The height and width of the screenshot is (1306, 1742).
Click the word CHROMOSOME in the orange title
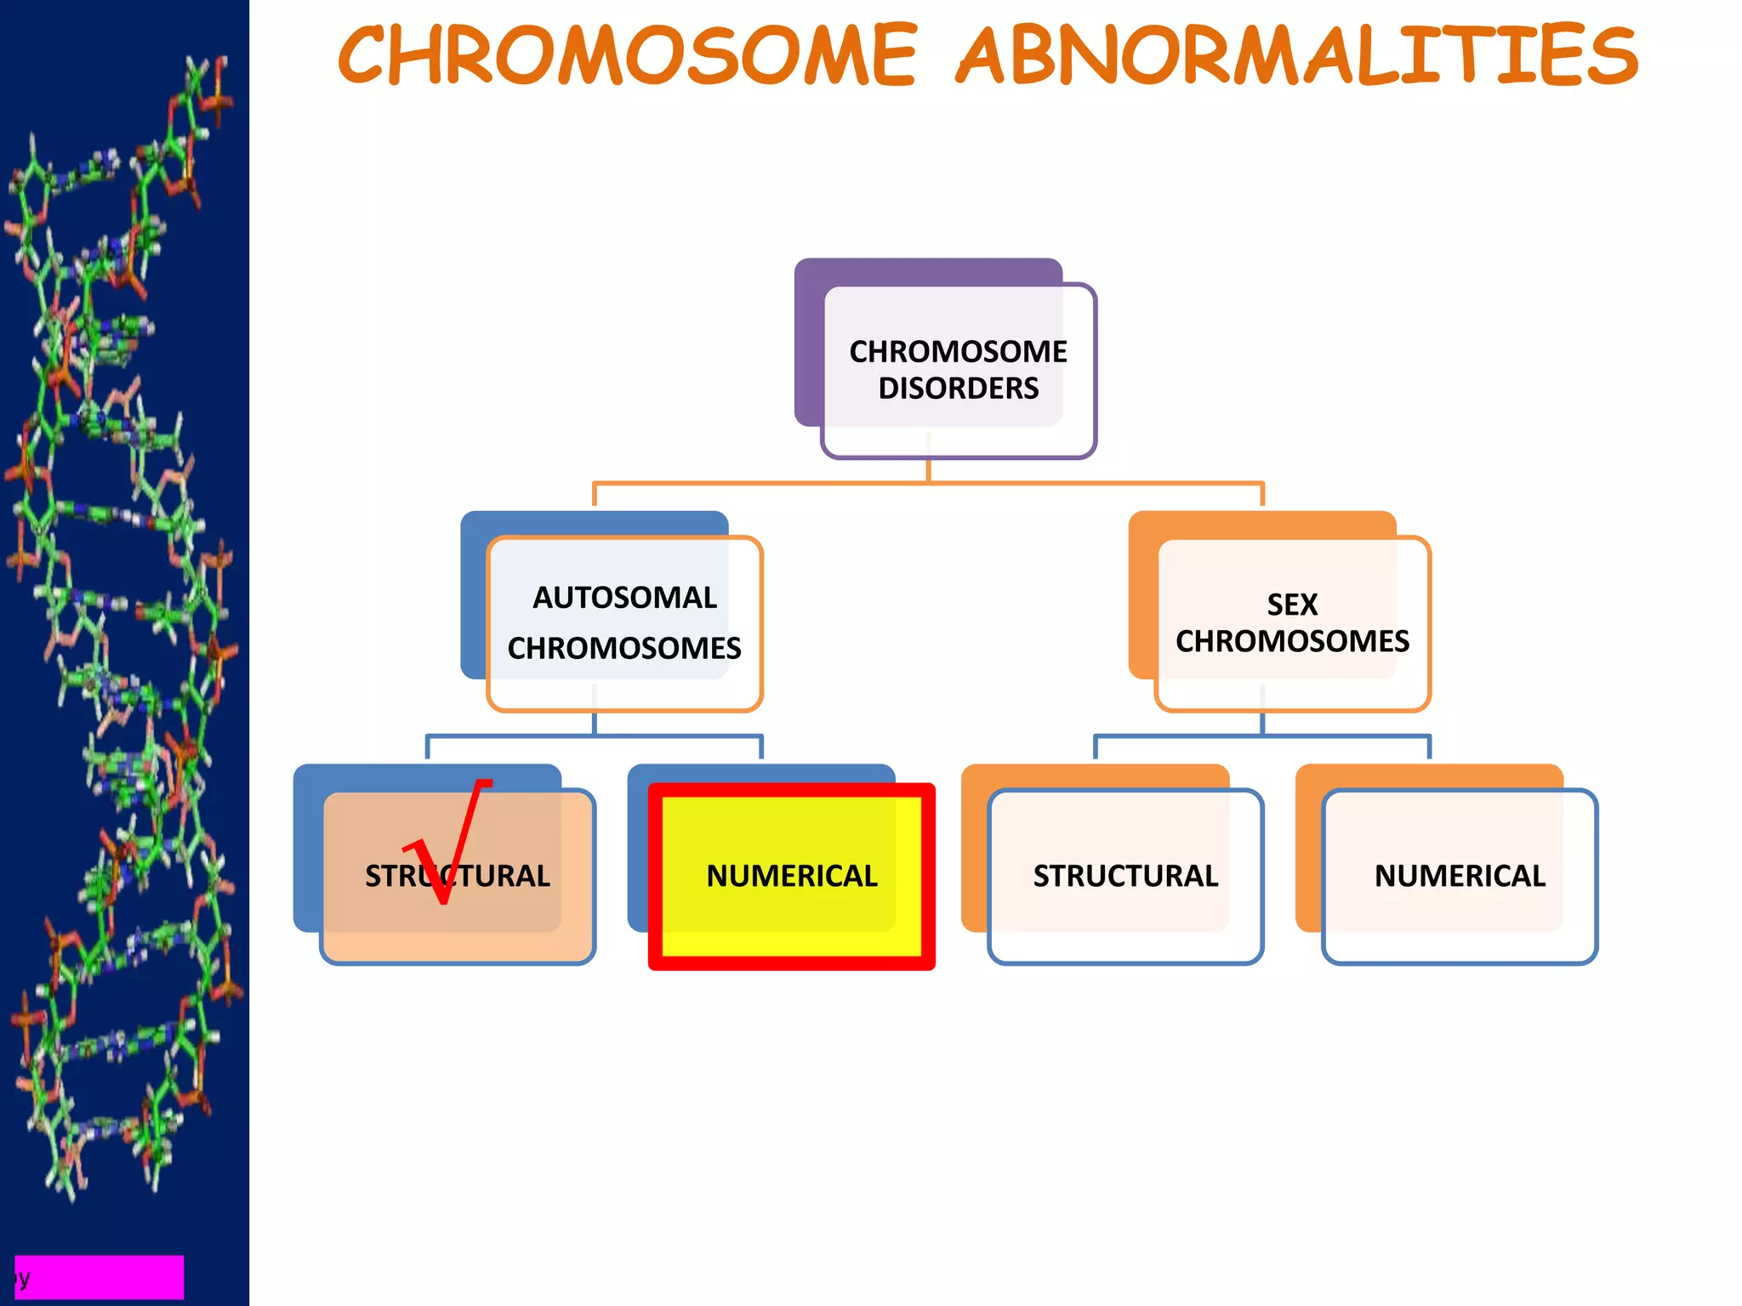point(628,56)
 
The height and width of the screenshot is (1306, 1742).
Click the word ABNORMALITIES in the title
point(1296,56)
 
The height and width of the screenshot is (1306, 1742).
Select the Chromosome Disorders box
point(958,371)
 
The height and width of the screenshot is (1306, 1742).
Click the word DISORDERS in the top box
point(958,389)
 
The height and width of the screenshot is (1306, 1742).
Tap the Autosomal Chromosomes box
point(624,623)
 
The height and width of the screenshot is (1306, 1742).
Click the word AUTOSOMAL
point(624,598)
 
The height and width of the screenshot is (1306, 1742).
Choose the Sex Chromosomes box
point(1292,623)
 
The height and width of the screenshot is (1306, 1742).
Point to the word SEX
point(1291,605)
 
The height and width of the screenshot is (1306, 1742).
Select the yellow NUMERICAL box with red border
point(791,877)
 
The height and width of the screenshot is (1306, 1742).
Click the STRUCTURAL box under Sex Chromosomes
point(1124,877)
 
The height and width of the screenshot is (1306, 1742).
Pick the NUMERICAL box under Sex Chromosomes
point(1460,877)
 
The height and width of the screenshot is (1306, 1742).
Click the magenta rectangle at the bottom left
point(99,1276)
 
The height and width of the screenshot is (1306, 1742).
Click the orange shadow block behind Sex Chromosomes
point(1142,595)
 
